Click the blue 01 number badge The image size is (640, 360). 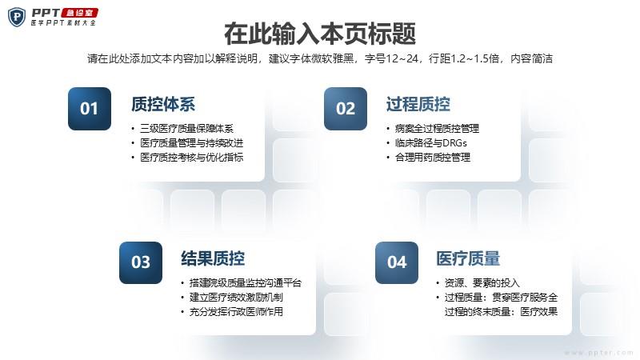pos(90,109)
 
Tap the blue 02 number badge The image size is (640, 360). pos(346,109)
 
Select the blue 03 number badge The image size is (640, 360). pos(141,262)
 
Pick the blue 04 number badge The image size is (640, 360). pos(397,262)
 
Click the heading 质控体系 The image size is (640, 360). pos(163,105)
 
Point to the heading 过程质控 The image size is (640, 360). pos(418,105)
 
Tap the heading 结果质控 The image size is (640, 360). pos(213,258)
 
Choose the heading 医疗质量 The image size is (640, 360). pos(468,258)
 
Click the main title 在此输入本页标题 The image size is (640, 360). pos(320,34)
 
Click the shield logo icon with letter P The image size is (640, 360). pos(17,17)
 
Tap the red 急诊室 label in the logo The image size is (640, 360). pos(79,13)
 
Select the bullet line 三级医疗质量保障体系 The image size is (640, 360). pos(186,129)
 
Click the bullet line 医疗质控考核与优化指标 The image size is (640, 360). pos(191,157)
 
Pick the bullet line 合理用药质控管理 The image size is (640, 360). pos(433,157)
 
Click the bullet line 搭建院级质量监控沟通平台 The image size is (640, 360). pos(246,283)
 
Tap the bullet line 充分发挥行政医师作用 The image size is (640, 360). pos(236,312)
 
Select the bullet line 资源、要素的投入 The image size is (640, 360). pos(482,283)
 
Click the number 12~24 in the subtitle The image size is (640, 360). pos(402,58)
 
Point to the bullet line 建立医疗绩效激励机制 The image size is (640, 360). pos(236,297)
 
